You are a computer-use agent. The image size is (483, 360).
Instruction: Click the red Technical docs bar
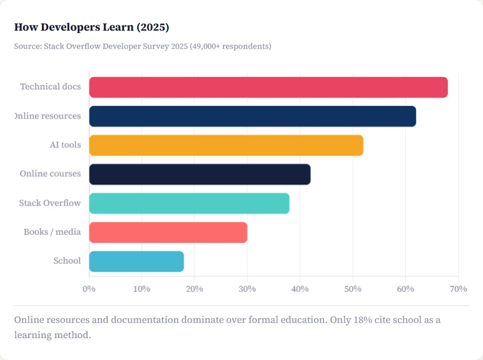[x=268, y=87]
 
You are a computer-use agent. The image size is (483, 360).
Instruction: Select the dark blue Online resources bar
[x=252, y=116]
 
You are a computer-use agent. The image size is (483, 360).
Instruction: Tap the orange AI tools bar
[x=226, y=145]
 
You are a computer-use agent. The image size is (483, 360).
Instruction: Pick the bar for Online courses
[x=199, y=174]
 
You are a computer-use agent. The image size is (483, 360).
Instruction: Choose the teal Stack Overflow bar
[x=189, y=203]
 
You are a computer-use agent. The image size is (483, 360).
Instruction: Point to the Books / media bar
[x=168, y=232]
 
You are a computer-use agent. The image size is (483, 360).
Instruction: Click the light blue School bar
[x=136, y=261]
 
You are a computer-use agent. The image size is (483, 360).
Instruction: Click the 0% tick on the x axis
[x=89, y=288]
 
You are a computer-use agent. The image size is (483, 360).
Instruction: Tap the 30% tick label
[x=247, y=288]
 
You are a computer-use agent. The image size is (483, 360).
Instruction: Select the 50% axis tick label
[x=353, y=288]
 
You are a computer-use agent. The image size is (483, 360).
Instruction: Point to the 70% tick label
[x=458, y=288]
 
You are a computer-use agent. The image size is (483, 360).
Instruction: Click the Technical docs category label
[x=50, y=87]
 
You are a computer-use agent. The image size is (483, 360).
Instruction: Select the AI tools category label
[x=65, y=145]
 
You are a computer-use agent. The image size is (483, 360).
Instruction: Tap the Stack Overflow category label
[x=50, y=203]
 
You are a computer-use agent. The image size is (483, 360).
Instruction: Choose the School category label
[x=67, y=261]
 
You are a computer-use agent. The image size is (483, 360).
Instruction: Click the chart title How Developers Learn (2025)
[x=92, y=27]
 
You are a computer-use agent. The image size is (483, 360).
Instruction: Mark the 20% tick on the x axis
[x=194, y=288]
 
